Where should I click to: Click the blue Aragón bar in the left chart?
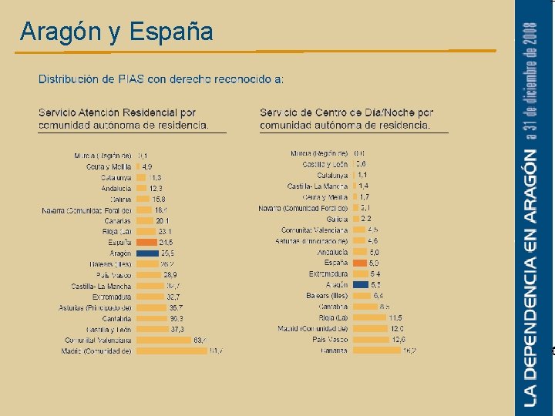point(147,253)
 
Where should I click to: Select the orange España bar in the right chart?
point(358,263)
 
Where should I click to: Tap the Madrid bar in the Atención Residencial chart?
point(171,351)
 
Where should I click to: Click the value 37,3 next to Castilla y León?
point(177,329)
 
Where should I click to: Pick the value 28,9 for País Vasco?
point(170,274)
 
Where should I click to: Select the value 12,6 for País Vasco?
point(398,339)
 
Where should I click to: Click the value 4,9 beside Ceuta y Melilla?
point(146,166)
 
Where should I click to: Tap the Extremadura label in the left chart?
point(112,297)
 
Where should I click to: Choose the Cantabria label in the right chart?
point(332,307)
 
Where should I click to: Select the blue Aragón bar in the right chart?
point(359,284)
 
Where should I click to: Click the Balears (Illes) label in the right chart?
point(327,295)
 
